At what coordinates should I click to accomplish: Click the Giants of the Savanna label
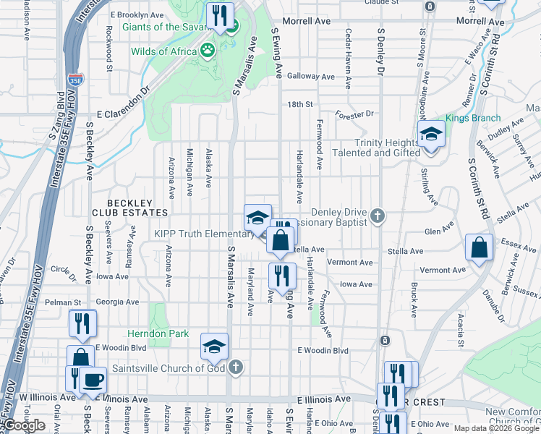(169, 27)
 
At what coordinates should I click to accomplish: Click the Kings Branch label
(468, 117)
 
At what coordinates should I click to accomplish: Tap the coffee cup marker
(92, 379)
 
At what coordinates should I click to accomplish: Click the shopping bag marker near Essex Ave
(479, 247)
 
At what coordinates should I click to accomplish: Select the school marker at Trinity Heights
(431, 134)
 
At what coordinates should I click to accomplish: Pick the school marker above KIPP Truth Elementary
(257, 218)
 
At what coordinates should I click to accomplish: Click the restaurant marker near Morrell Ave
(219, 17)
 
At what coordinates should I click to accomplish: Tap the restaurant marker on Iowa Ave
(282, 276)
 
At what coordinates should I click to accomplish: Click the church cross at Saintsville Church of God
(234, 367)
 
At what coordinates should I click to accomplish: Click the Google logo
(25, 425)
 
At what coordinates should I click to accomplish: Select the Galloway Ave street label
(311, 76)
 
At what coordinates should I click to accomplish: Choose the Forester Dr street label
(354, 114)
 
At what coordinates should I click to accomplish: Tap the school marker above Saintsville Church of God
(215, 346)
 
